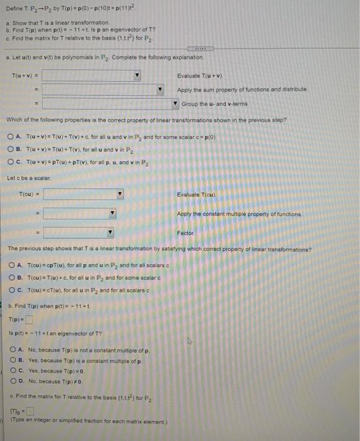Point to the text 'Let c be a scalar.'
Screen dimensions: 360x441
click(28, 177)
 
